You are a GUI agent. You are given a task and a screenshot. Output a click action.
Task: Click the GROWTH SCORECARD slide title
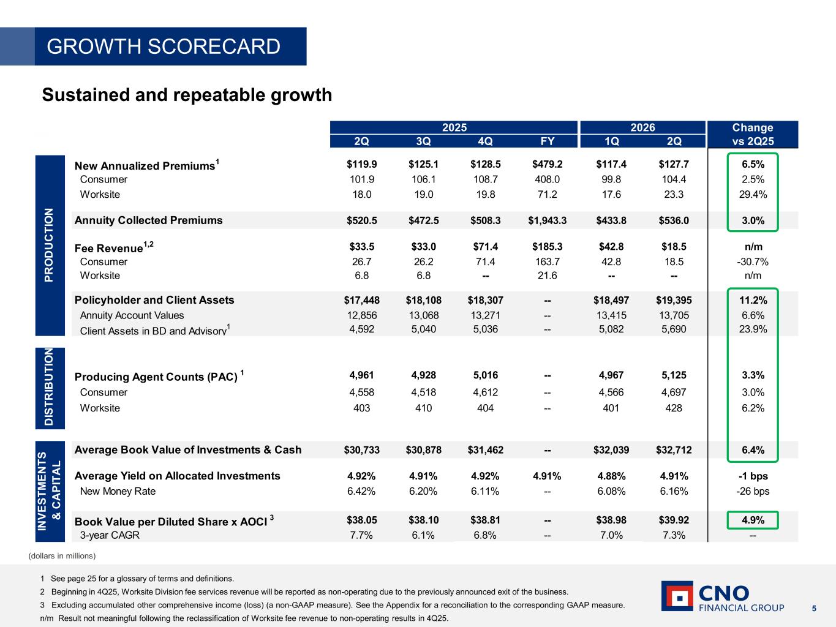pyautogui.click(x=164, y=47)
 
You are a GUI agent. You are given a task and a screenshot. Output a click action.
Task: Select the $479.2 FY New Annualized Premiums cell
pyautogui.click(x=548, y=164)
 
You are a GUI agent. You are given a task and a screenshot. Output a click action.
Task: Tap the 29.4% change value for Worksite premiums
pyautogui.click(x=753, y=195)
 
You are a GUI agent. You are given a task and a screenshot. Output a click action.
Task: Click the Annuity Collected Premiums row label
pyautogui.click(x=149, y=220)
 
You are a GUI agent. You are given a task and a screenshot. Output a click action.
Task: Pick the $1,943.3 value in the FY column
pyautogui.click(x=548, y=220)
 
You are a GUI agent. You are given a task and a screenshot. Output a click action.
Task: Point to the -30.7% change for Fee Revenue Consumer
pyautogui.click(x=753, y=262)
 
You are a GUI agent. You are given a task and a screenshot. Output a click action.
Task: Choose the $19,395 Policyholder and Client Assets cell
pyautogui.click(x=674, y=301)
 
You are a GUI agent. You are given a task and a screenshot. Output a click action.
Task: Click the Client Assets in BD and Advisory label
pyautogui.click(x=155, y=330)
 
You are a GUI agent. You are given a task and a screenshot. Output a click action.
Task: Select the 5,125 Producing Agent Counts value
pyautogui.click(x=674, y=375)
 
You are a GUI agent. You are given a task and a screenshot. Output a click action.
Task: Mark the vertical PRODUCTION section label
pyautogui.click(x=49, y=245)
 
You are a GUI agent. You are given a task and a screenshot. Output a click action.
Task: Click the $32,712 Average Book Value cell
pyautogui.click(x=674, y=450)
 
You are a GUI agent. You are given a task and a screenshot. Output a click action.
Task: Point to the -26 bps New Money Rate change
pyautogui.click(x=753, y=491)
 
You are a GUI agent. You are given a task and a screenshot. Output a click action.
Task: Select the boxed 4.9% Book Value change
pyautogui.click(x=753, y=520)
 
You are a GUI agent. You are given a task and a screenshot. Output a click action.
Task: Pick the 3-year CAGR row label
pyautogui.click(x=110, y=535)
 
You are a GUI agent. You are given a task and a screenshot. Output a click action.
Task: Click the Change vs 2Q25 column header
pyautogui.click(x=753, y=134)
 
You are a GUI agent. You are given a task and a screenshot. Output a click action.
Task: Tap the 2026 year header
pyautogui.click(x=642, y=127)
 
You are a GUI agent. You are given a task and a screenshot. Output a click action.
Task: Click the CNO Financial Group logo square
pyautogui.click(x=677, y=596)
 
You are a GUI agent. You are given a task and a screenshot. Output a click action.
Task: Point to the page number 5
pyautogui.click(x=814, y=609)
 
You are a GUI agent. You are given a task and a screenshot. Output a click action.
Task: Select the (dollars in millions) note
pyautogui.click(x=62, y=556)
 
